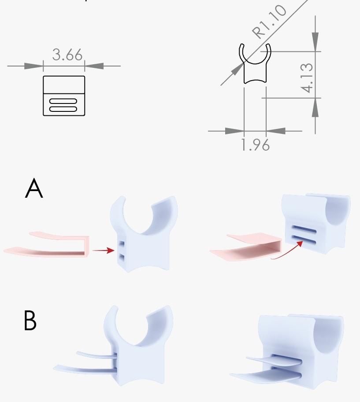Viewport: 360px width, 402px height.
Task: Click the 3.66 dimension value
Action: tap(67, 54)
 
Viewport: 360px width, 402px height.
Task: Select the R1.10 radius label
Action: tap(269, 22)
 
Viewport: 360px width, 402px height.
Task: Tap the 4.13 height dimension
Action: tap(307, 77)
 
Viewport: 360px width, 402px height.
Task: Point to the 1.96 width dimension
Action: tap(256, 145)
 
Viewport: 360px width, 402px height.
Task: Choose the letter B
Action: tap(30, 320)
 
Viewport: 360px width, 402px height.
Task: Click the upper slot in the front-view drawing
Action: tap(63, 101)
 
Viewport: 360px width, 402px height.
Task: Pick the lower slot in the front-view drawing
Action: tap(63, 109)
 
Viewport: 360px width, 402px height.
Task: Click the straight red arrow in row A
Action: tap(103, 250)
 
